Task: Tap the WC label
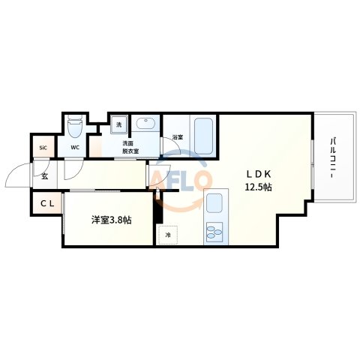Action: coord(75,147)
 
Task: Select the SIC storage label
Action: coord(42,147)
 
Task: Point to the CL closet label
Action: coord(47,202)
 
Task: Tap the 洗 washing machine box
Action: coord(118,125)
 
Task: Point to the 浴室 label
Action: coord(177,138)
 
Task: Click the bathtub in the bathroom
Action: coord(202,135)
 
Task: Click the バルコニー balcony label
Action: coord(332,158)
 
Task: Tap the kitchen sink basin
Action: coord(214,203)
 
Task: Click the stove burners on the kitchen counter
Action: coord(214,232)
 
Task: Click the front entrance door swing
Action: coord(18,177)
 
